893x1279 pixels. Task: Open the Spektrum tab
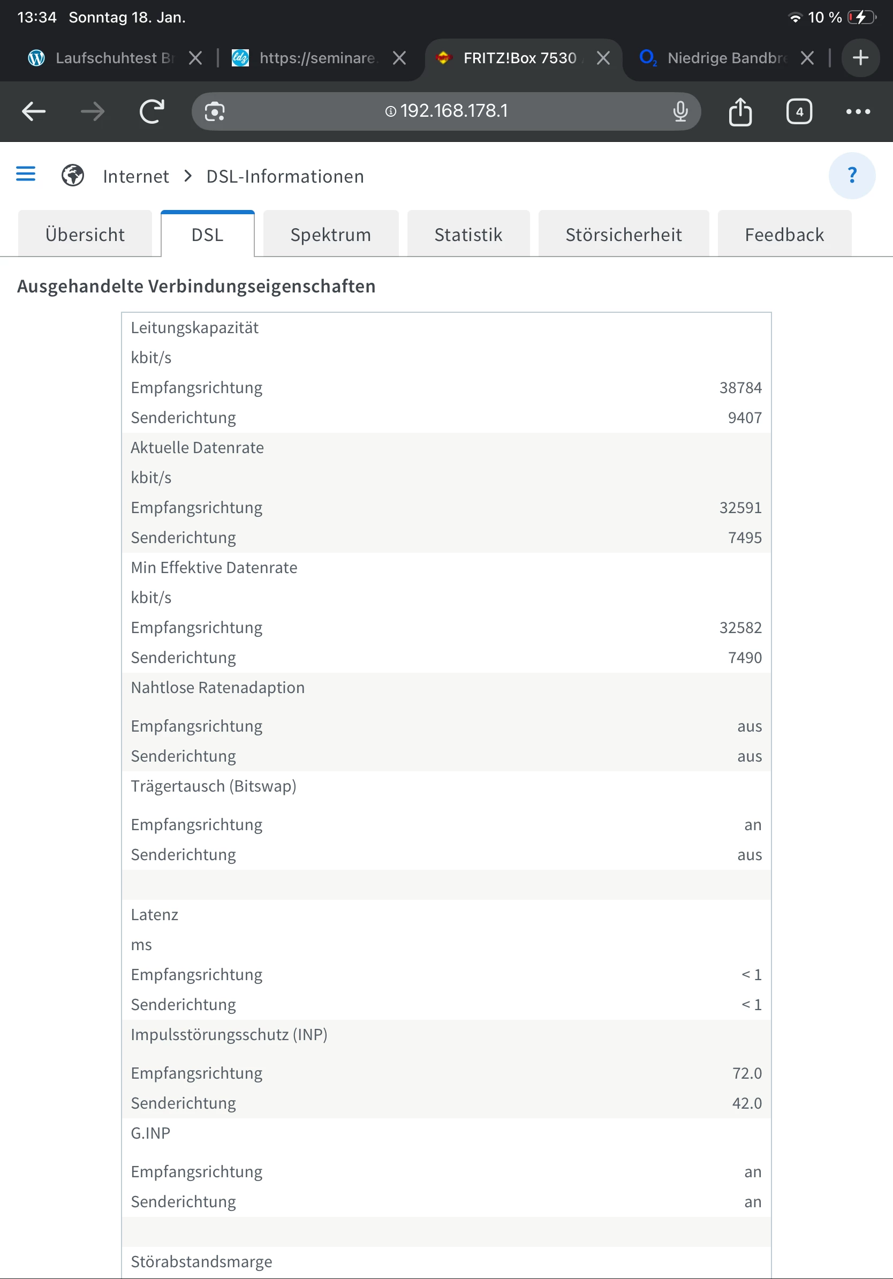[x=331, y=235]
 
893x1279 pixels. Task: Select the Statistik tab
[x=468, y=235]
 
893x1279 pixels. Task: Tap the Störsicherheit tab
[x=624, y=235]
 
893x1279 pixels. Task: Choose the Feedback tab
[x=784, y=235]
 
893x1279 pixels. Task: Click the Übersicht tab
[x=85, y=235]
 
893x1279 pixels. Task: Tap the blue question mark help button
[x=852, y=176]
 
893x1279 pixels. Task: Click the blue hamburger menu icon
[x=26, y=175]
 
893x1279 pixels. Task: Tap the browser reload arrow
[x=152, y=111]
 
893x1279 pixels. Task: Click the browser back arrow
[x=33, y=111]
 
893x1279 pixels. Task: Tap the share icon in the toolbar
[x=740, y=111]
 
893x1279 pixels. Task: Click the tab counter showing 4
[x=799, y=111]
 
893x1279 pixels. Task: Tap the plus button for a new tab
[x=860, y=58]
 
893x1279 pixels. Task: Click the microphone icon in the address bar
[x=680, y=111]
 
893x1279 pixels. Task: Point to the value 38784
[x=740, y=388]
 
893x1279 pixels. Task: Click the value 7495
[x=744, y=538]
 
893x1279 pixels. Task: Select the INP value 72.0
[x=747, y=1073]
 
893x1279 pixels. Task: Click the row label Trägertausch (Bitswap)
[x=213, y=786]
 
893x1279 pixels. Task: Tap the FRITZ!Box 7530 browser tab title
[x=519, y=58]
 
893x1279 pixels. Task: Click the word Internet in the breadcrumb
[x=136, y=177]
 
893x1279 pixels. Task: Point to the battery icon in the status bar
[x=861, y=17]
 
